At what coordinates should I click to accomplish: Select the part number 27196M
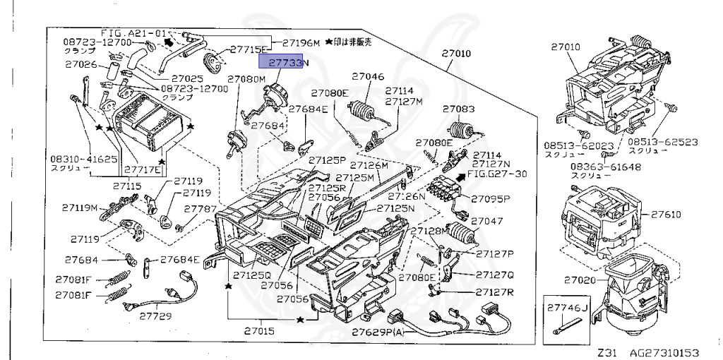coord(297,43)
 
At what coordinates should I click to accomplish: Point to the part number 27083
coord(459,109)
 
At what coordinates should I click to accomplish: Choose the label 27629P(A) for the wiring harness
coord(378,332)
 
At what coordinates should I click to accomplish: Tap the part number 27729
coord(155,316)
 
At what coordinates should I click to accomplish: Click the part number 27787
coord(201,210)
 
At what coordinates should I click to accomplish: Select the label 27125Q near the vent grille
coord(253,275)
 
